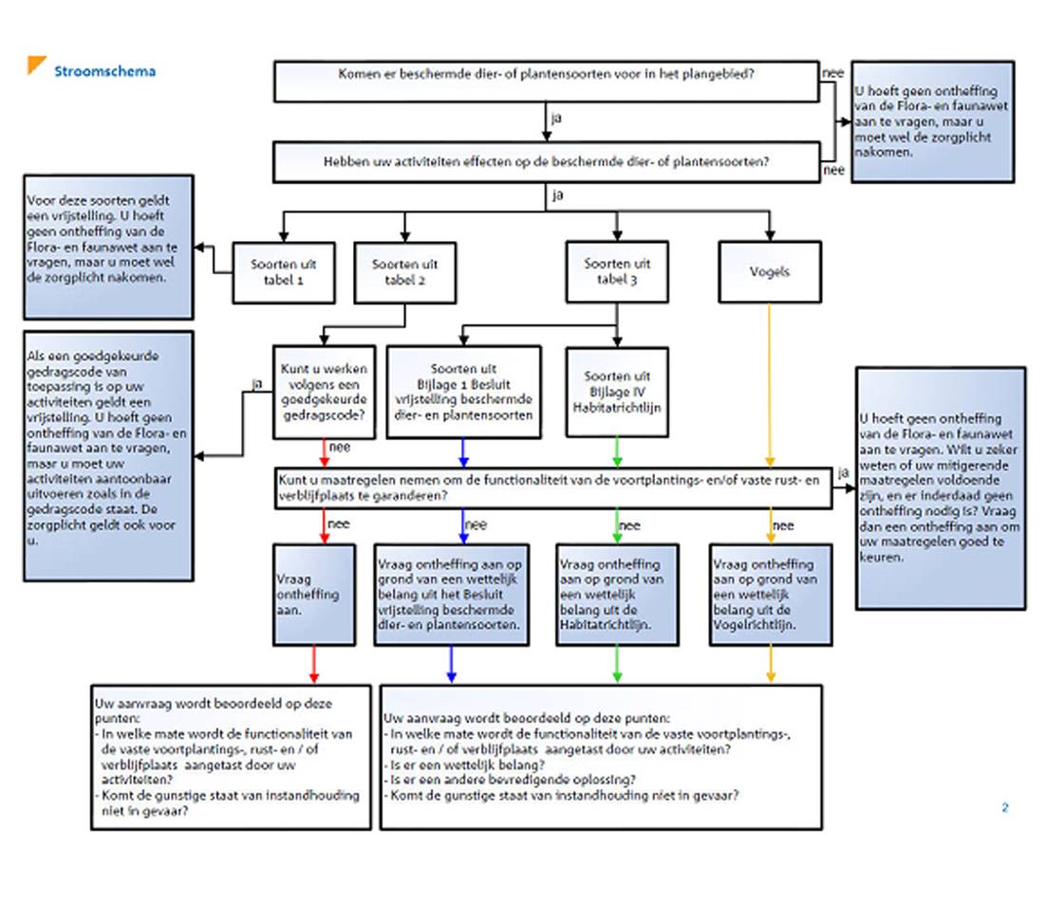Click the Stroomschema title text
pyautogui.click(x=104, y=71)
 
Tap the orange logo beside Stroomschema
pyautogui.click(x=36, y=64)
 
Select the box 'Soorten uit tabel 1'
pyautogui.click(x=284, y=272)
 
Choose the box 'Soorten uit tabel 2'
pyautogui.click(x=405, y=272)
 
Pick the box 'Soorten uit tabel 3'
pyautogui.click(x=617, y=272)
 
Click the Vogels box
pyautogui.click(x=770, y=272)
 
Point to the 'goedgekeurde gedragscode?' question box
pyautogui.click(x=325, y=392)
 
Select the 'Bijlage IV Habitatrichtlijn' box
pyautogui.click(x=617, y=392)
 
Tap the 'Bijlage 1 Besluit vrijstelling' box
pyautogui.click(x=463, y=392)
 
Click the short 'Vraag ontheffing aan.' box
pyautogui.click(x=314, y=595)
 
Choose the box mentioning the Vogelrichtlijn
pyautogui.click(x=771, y=595)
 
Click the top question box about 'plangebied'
pyautogui.click(x=547, y=82)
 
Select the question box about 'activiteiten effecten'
pyautogui.click(x=547, y=162)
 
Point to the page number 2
pyautogui.click(x=1004, y=808)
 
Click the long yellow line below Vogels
pyautogui.click(x=770, y=384)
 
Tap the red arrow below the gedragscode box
pyautogui.click(x=325, y=452)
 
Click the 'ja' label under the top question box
pyautogui.click(x=556, y=118)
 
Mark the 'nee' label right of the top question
pyautogui.click(x=832, y=73)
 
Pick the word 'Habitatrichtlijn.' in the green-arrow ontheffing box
pyautogui.click(x=606, y=625)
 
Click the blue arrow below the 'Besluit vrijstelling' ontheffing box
pyautogui.click(x=452, y=664)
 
